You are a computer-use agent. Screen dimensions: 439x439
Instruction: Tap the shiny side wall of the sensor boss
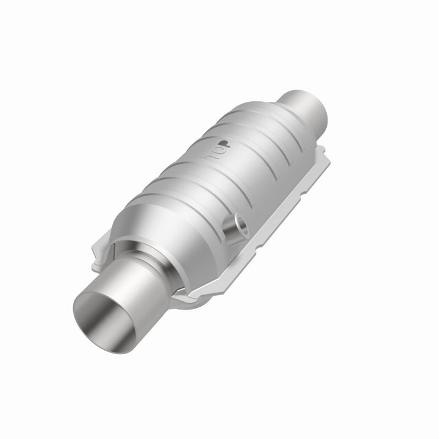click(230, 232)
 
